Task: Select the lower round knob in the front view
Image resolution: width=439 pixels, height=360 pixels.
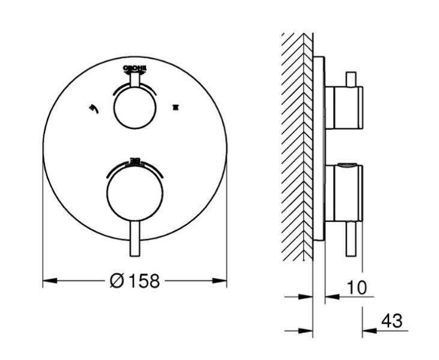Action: click(135, 194)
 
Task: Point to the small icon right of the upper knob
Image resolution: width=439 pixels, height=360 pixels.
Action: click(175, 107)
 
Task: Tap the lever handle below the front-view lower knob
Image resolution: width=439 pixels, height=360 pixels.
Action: click(135, 240)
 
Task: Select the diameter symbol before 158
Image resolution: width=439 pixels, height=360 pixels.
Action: click(118, 280)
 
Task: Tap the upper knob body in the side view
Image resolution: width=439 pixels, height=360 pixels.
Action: click(344, 107)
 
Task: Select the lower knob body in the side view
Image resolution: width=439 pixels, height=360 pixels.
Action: click(344, 194)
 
